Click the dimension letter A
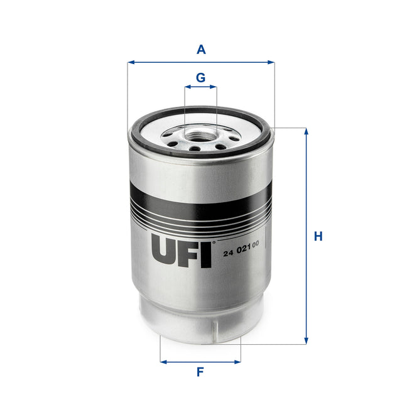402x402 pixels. [x=200, y=48]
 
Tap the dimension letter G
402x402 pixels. [x=200, y=77]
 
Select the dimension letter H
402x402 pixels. [x=318, y=237]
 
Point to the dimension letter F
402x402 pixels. [x=200, y=372]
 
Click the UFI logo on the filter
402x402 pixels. [x=182, y=251]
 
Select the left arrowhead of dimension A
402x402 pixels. [x=130, y=62]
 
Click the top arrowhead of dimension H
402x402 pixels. [x=307, y=131]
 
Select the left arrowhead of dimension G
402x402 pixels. [x=187, y=88]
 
